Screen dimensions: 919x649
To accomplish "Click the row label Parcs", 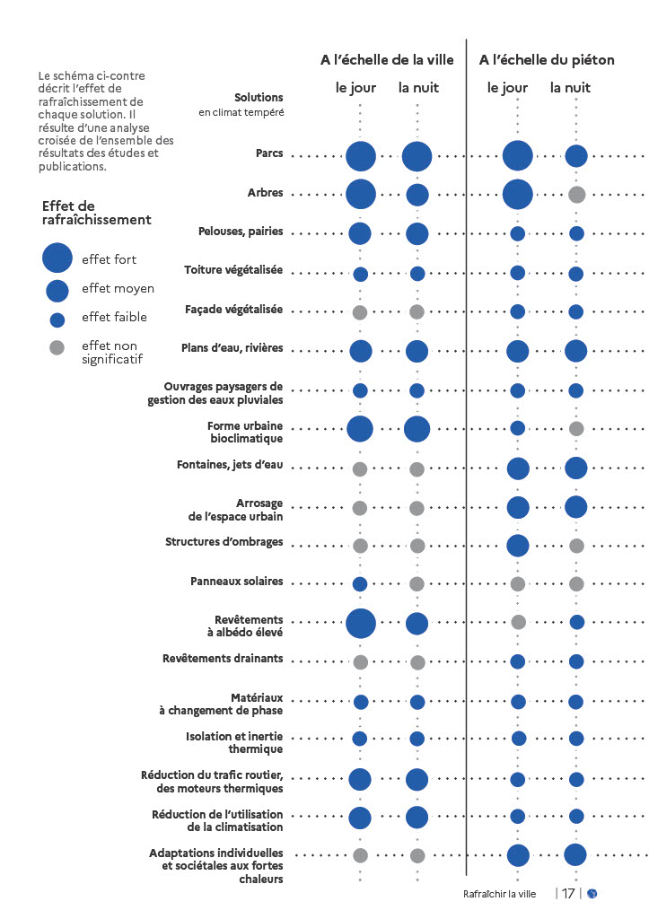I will [268, 153].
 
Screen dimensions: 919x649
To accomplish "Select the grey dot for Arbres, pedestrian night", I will [577, 194].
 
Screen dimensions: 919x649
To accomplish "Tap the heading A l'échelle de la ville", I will [387, 60].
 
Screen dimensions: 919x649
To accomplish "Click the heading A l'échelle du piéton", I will [547, 60].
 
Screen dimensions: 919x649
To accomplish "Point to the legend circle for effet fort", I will [57, 258].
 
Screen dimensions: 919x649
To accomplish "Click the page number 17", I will [569, 893].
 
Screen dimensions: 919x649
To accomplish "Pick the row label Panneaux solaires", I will [236, 582].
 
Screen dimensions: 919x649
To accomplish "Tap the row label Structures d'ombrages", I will [224, 542].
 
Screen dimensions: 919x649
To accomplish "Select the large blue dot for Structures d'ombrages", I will [518, 545].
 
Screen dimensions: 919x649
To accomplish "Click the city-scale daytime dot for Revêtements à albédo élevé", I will [360, 623].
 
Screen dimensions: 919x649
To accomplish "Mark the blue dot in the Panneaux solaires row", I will [360, 584].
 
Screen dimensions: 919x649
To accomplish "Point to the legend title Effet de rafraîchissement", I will [96, 213].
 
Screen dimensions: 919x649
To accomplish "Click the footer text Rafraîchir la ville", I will [499, 894].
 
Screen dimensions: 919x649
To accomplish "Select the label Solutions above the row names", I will [259, 97].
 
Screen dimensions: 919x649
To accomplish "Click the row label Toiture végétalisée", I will [233, 270].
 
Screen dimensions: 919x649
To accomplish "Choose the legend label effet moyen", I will [118, 289].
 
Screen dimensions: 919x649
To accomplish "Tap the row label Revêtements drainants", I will [223, 659].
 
